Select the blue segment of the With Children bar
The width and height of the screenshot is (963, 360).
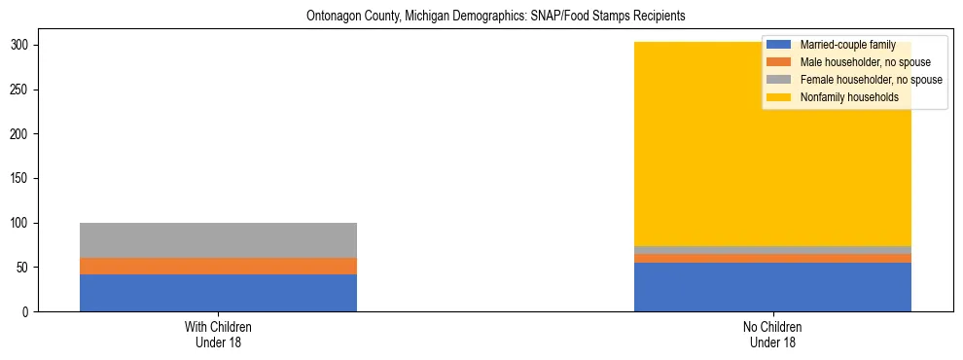click(x=218, y=293)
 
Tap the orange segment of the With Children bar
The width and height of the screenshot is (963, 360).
click(x=218, y=266)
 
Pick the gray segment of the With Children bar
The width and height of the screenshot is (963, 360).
click(x=218, y=240)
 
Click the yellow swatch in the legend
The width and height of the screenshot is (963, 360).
click(x=779, y=97)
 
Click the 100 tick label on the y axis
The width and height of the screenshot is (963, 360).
click(x=22, y=223)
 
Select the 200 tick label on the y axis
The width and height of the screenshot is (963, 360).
click(x=22, y=134)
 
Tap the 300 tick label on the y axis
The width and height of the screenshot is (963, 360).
click(x=22, y=46)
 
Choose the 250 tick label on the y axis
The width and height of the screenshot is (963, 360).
click(x=22, y=90)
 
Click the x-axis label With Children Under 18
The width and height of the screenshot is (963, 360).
click(x=218, y=335)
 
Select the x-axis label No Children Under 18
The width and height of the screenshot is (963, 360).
click(x=772, y=335)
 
